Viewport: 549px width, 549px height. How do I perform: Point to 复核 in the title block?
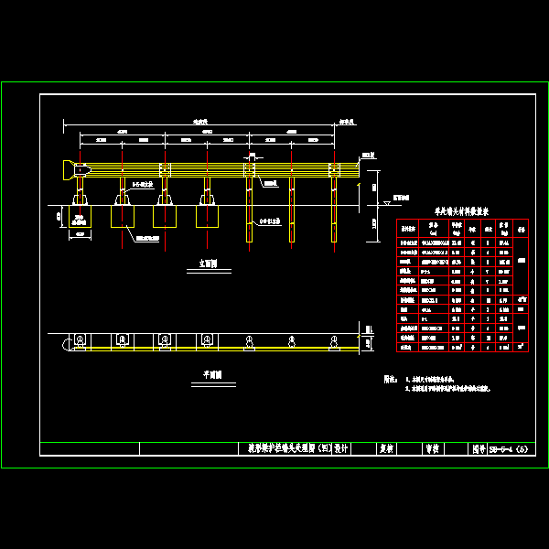click(386, 448)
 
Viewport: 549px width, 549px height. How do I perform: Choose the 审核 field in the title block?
click(430, 448)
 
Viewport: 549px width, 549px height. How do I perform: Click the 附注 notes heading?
click(390, 378)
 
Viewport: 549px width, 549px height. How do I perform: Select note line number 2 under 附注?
click(448, 389)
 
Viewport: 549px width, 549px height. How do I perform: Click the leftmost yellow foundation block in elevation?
click(124, 216)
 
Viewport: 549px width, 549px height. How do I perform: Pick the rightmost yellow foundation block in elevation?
click(209, 216)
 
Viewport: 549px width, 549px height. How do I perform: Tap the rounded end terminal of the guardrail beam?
click(69, 169)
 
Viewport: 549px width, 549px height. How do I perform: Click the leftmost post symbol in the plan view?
click(81, 341)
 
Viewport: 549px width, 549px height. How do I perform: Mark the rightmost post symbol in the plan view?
click(335, 341)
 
